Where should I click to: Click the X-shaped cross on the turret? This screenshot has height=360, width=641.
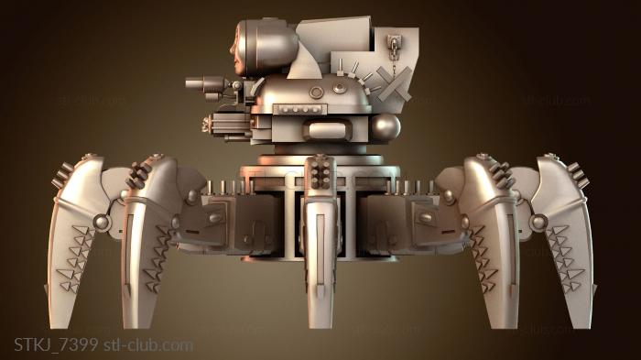394,84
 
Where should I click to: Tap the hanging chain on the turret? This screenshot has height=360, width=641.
394,55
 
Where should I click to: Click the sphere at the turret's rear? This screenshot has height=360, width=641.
386,127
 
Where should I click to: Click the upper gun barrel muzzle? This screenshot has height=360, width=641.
190,83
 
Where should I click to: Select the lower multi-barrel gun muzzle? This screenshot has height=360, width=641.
206,124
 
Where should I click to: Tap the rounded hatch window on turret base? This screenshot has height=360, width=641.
327,130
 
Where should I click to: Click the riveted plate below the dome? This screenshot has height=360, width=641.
300,110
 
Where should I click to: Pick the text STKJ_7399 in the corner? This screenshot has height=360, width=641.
56,344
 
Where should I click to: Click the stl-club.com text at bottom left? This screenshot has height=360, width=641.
148,344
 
